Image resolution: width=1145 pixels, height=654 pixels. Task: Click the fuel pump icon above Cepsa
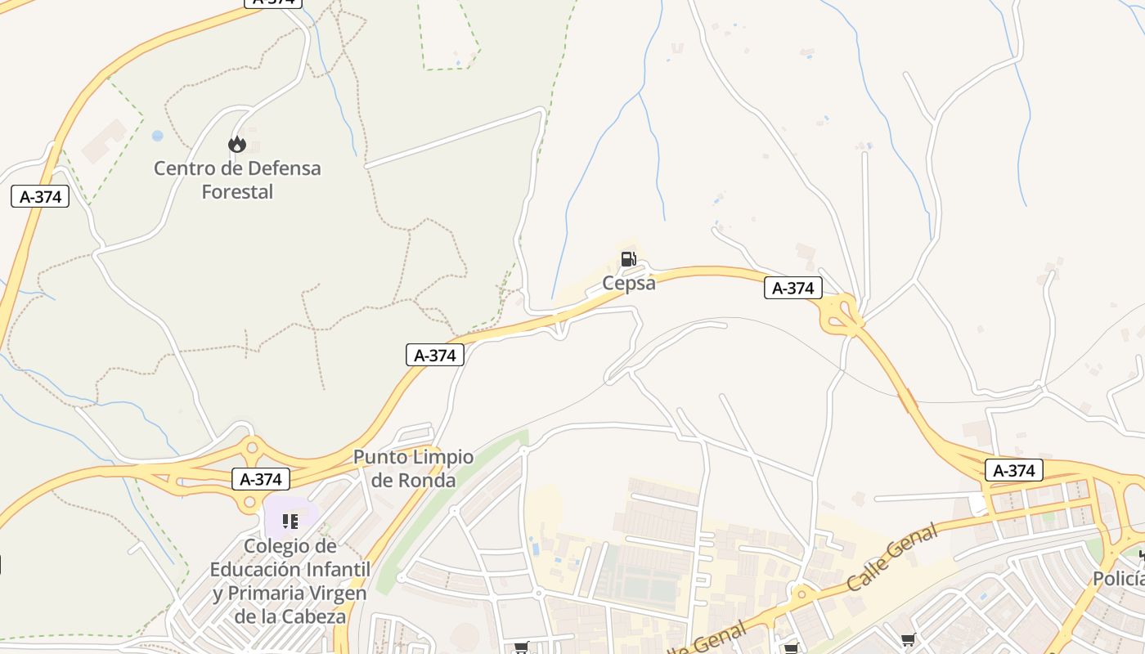click(x=628, y=259)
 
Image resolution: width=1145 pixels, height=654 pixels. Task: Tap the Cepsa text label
click(x=629, y=283)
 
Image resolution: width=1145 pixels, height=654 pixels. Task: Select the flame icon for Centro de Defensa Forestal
click(x=237, y=145)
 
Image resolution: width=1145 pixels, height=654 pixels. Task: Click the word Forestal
click(x=237, y=192)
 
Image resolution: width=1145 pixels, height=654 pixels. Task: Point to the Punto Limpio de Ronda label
click(x=413, y=468)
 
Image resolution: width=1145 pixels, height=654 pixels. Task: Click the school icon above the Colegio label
click(x=290, y=521)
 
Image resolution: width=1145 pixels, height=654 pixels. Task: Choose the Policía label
click(x=1119, y=579)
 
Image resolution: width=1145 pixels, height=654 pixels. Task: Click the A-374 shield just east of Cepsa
click(x=793, y=288)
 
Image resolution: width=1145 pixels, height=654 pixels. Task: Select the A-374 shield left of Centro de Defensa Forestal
click(x=40, y=196)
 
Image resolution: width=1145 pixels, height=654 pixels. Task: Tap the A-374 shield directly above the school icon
click(x=261, y=479)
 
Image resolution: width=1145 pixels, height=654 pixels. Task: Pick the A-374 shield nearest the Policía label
click(x=1014, y=471)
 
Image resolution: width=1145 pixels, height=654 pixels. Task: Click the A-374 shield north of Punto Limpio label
click(x=434, y=355)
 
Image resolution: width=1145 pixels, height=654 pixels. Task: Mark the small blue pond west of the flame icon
click(x=157, y=136)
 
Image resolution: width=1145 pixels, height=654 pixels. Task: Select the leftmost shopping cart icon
click(x=521, y=647)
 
